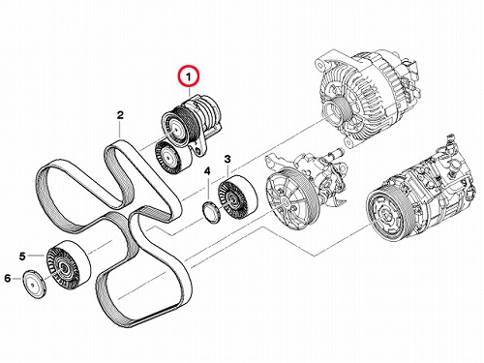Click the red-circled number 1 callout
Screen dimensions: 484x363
click(190, 77)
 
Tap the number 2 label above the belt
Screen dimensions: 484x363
click(120, 115)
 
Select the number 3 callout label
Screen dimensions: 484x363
click(227, 159)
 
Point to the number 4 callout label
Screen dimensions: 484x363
click(207, 171)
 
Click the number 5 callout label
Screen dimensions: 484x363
click(22, 257)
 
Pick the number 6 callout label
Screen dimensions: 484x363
click(8, 278)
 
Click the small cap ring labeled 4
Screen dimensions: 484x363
click(211, 212)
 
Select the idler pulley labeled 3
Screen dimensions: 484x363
click(237, 197)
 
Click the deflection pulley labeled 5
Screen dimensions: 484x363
click(69, 264)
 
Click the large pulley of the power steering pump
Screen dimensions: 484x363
click(284, 201)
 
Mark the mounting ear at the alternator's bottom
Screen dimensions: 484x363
click(348, 141)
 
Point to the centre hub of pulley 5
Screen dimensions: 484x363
click(62, 267)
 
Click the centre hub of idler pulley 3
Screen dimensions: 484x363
click(231, 199)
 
